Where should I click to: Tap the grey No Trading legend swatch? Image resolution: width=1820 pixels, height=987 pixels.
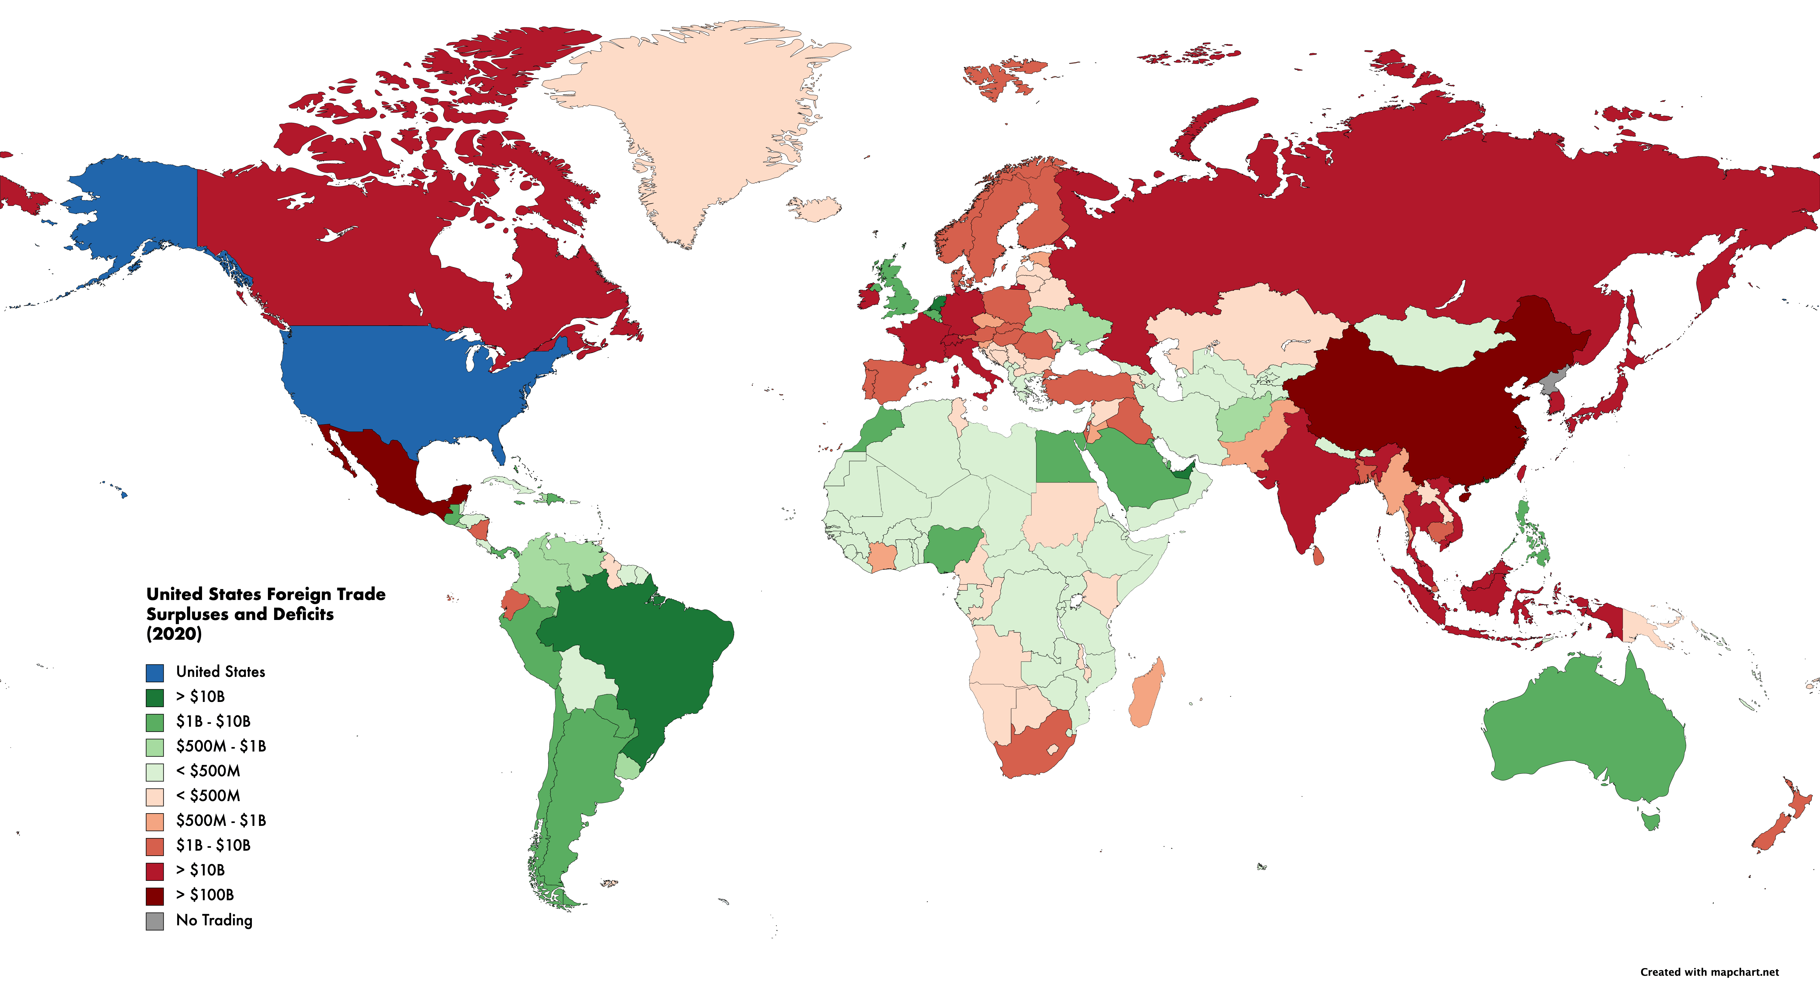155,921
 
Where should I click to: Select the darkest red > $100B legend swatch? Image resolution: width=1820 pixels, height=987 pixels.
155,896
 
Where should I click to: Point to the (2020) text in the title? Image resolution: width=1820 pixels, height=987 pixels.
174,634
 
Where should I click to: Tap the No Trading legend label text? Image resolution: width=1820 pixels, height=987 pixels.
214,920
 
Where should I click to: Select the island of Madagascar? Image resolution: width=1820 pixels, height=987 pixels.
1146,692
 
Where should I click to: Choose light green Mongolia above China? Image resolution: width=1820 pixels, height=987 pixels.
1434,339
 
